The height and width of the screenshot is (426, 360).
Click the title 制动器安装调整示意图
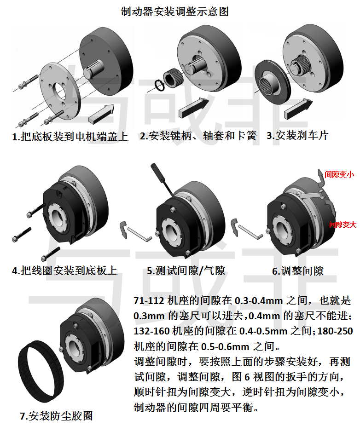[x=175, y=12]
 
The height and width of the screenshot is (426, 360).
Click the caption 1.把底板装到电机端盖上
[x=70, y=136]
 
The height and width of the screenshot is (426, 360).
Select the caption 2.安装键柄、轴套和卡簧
[x=198, y=136]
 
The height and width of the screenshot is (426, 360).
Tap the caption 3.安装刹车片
[x=297, y=135]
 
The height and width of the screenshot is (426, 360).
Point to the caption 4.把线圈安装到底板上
[x=65, y=271]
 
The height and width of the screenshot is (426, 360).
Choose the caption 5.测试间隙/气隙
[x=186, y=271]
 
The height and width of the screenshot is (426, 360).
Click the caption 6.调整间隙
[x=298, y=271]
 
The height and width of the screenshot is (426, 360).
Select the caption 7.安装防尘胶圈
[x=56, y=416]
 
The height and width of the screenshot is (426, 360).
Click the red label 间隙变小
[x=339, y=174]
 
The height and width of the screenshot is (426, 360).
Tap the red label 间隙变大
[x=343, y=225]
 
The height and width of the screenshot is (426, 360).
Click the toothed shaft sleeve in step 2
[x=173, y=78]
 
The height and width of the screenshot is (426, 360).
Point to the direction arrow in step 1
[x=102, y=114]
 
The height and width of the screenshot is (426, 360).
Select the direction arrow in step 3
[x=298, y=109]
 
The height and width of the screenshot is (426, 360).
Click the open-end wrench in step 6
[x=310, y=195]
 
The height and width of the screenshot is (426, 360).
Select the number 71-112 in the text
[x=149, y=301]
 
